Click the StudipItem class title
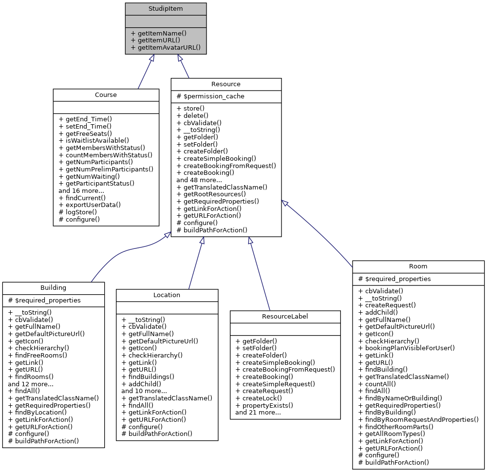pyautogui.click(x=166, y=9)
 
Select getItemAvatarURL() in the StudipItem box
pyautogui.click(x=166, y=49)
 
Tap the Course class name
pyautogui.click(x=106, y=94)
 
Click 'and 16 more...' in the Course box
pyautogui.click(x=81, y=190)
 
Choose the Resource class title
pyautogui.click(x=226, y=84)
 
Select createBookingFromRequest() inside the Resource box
pyautogui.click(x=226, y=165)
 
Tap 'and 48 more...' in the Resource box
pyautogui.click(x=199, y=179)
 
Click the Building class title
pyautogui.click(x=54, y=287)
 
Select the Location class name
pyautogui.click(x=167, y=295)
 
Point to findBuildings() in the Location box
pyautogui.click(x=148, y=377)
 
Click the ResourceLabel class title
pyautogui.click(x=285, y=316)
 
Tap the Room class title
pyautogui.click(x=418, y=266)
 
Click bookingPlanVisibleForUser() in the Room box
pyautogui.click(x=406, y=348)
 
